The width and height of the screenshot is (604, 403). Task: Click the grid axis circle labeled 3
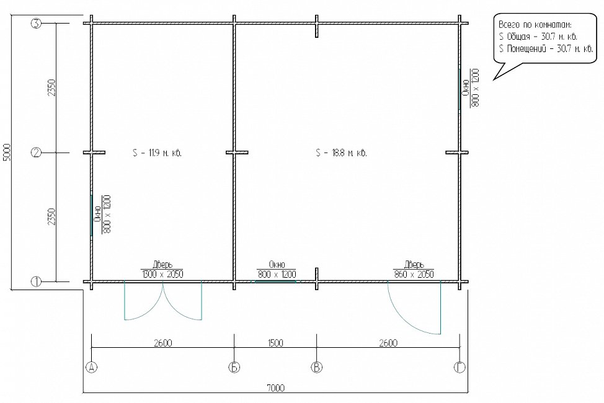36,24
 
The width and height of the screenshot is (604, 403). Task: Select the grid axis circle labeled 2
36,153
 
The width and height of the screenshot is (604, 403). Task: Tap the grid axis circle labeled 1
36,281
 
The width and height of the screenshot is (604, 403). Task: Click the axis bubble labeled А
91,367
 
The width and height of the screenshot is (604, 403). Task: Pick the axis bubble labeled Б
234,367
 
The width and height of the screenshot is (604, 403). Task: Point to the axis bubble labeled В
317,367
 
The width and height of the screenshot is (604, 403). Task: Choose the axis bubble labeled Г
460,367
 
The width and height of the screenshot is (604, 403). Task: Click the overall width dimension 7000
275,387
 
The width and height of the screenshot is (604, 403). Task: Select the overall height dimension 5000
9,153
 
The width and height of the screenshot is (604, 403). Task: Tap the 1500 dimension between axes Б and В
275,342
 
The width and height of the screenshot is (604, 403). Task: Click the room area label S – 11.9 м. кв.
157,153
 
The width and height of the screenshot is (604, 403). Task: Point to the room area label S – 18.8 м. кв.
341,153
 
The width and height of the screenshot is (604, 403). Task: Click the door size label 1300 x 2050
162,274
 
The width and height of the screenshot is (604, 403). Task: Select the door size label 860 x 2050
414,274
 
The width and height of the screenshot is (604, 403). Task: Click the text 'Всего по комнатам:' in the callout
535,25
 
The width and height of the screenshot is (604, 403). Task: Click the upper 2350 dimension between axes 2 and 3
52,88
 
